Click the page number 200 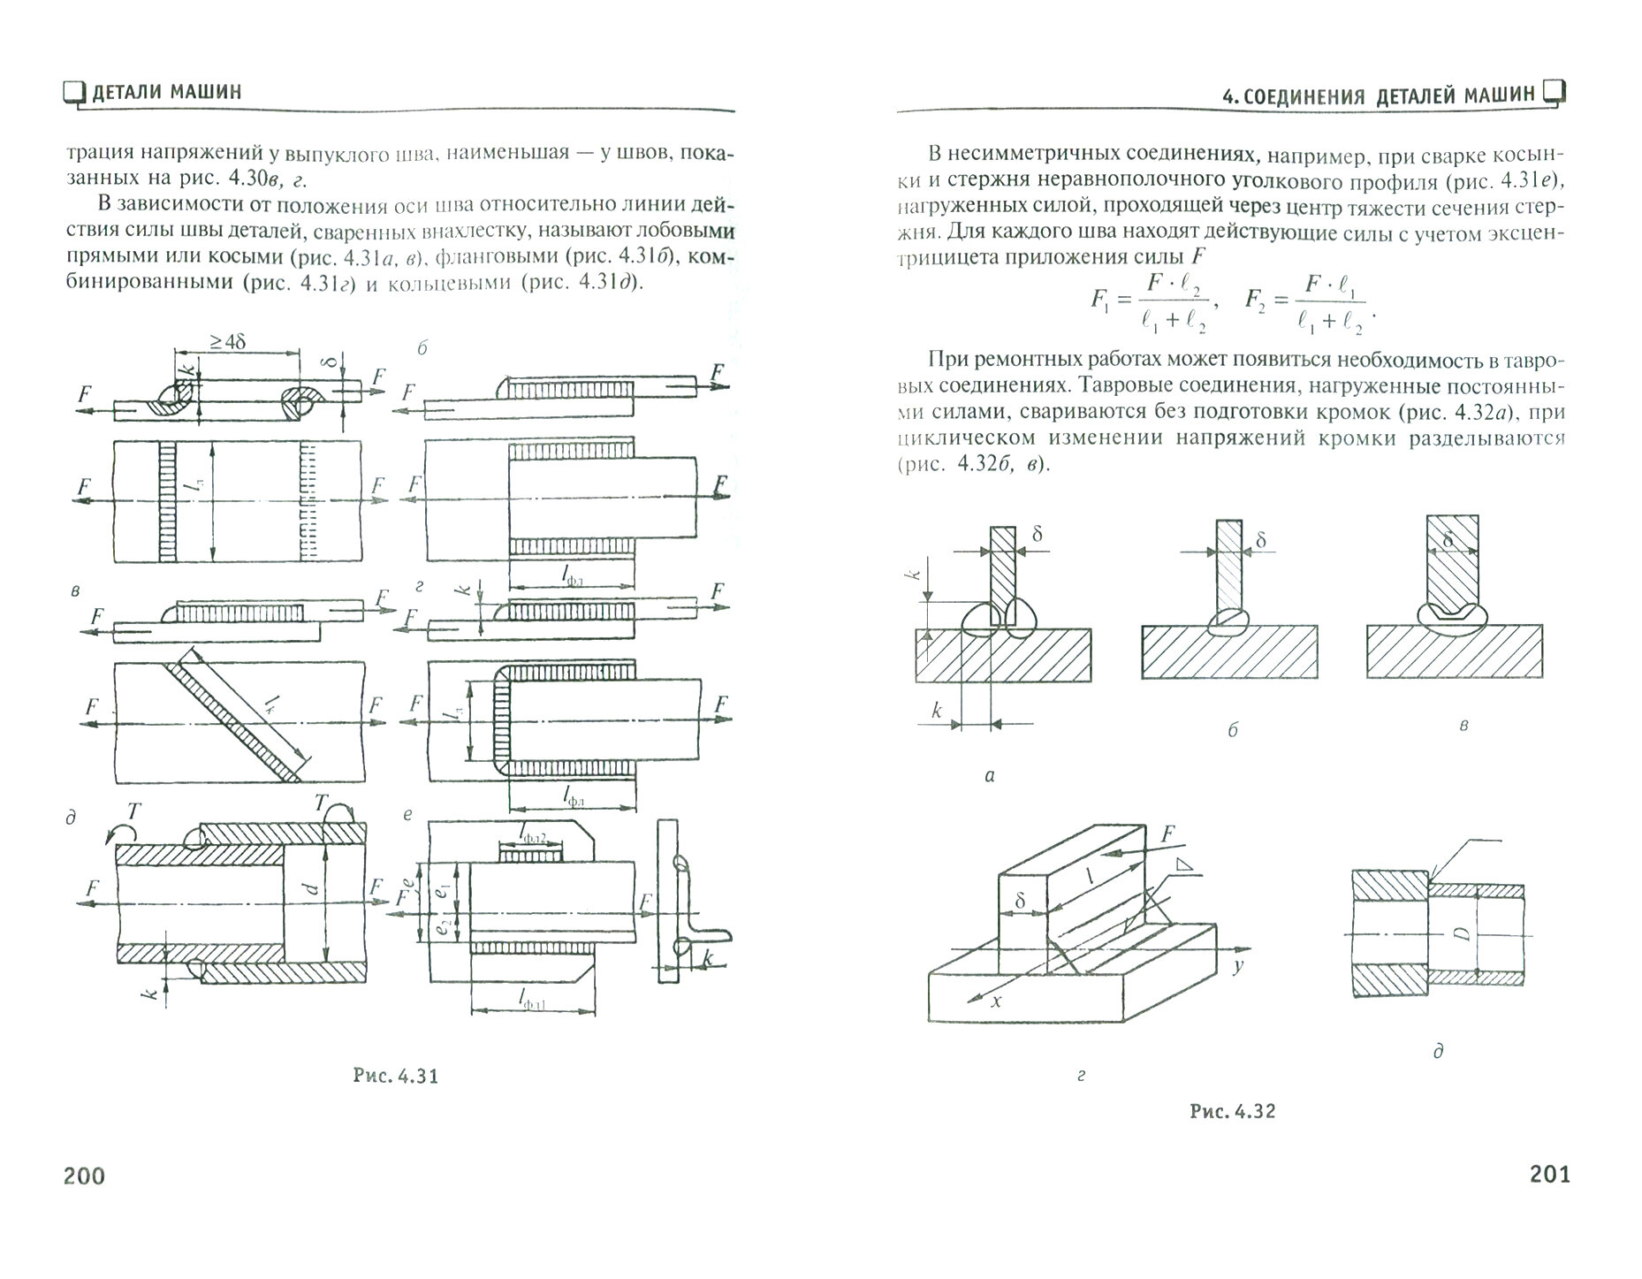click(x=83, y=1176)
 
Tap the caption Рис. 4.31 click(x=395, y=1076)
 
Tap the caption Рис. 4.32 click(x=1232, y=1111)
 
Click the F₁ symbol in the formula click(x=1099, y=300)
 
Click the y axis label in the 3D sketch click(x=1238, y=966)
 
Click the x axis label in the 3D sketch click(x=996, y=1001)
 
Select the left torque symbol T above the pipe click(x=133, y=811)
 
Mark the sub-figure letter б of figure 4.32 click(x=1232, y=730)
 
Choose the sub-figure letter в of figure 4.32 click(x=1463, y=725)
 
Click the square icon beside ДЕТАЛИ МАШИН click(x=74, y=93)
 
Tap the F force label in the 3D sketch click(x=1167, y=834)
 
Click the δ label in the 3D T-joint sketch click(x=1020, y=901)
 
